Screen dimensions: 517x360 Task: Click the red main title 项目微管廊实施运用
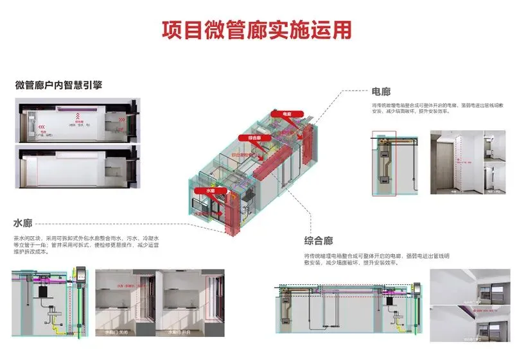coord(256,30)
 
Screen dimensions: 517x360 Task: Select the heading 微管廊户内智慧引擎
coord(58,85)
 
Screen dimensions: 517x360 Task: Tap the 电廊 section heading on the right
coord(381,92)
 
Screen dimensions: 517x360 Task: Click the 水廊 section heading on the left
coord(22,224)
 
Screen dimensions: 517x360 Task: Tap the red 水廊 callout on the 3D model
coord(210,191)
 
